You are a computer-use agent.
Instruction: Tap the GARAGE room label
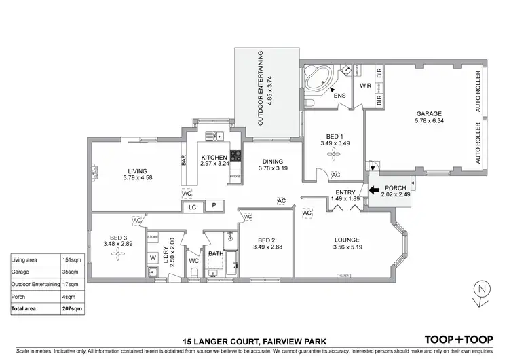429,114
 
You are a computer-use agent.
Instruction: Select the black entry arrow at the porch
374,196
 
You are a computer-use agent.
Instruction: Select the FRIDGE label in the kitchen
235,177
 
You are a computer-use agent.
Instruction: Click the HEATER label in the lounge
343,275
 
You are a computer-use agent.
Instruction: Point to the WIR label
364,86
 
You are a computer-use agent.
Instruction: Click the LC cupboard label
192,206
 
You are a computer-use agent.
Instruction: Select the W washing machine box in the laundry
153,258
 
